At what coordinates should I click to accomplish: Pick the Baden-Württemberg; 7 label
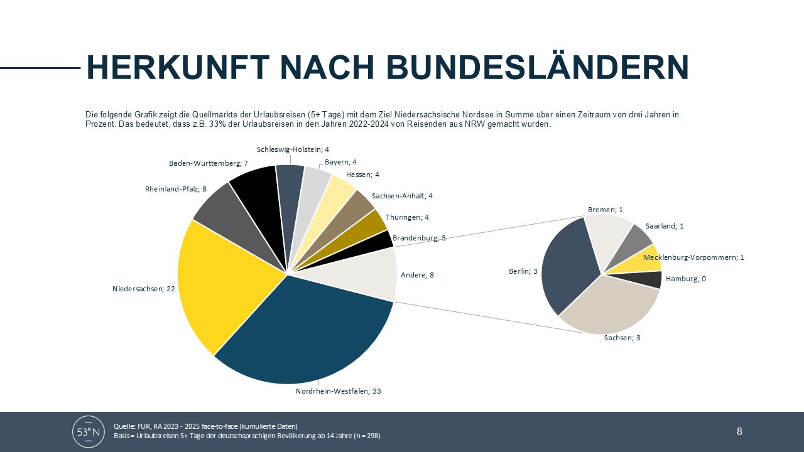click(204, 163)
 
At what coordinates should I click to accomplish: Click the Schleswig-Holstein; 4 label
click(293, 149)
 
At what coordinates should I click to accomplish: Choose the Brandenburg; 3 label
click(419, 238)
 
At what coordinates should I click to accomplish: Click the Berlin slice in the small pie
click(565, 264)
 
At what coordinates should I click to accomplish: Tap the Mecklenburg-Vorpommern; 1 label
click(693, 257)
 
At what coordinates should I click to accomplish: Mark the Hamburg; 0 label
click(685, 279)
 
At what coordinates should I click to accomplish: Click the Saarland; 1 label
click(664, 226)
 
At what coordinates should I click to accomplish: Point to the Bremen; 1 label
click(605, 210)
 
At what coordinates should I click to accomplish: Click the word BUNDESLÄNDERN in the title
click(515, 68)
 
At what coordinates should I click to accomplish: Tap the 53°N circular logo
click(89, 431)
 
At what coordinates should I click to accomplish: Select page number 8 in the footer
click(739, 431)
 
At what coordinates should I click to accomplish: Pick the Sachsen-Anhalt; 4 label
click(402, 196)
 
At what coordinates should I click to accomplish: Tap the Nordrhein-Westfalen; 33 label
click(339, 391)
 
